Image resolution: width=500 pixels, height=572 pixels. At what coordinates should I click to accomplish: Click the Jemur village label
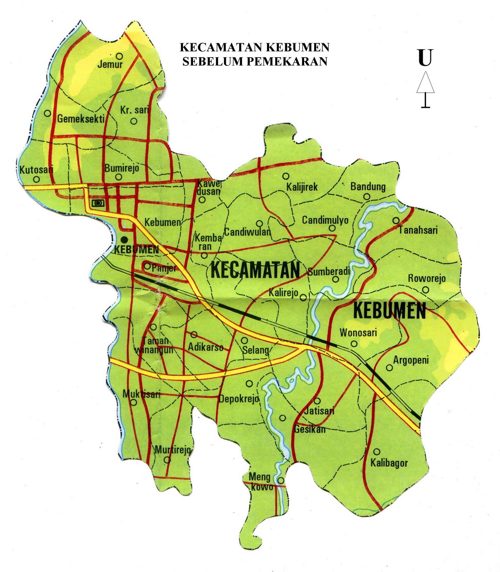click(110, 65)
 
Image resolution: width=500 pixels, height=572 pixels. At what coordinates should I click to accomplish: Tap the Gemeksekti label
click(81, 119)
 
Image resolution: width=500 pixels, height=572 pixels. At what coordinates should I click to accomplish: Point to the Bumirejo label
click(122, 168)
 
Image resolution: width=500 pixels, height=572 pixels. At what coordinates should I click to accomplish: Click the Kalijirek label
click(302, 187)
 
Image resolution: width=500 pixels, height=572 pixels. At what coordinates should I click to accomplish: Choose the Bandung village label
click(368, 186)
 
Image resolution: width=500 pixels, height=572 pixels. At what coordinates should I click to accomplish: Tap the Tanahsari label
click(418, 230)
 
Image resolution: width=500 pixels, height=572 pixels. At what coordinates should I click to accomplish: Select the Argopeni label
click(411, 360)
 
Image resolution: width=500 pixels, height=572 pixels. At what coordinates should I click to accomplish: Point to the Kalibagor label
click(389, 463)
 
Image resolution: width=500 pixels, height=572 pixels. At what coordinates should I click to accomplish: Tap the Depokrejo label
click(239, 399)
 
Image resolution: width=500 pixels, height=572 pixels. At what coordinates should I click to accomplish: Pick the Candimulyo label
click(325, 220)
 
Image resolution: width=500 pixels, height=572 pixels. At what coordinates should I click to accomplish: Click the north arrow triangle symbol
click(425, 83)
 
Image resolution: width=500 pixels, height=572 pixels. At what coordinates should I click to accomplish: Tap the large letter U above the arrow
click(425, 58)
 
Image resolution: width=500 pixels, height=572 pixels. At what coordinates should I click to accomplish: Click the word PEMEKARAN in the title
click(287, 61)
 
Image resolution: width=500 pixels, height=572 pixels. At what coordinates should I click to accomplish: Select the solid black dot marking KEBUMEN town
click(124, 240)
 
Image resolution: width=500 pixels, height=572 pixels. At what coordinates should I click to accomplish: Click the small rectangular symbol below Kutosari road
click(98, 203)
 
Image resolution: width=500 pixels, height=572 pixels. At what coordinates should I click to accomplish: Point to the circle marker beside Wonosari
click(354, 344)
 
